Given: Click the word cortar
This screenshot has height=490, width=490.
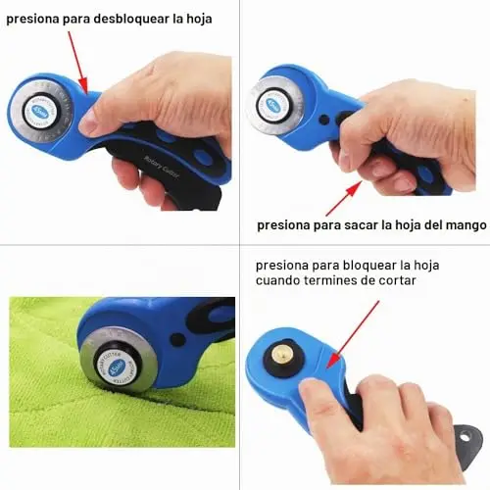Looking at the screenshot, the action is click(x=397, y=280).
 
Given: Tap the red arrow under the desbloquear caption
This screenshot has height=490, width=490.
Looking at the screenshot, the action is click(x=78, y=63).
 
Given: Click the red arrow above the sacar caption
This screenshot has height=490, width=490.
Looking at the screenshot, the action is click(x=344, y=198).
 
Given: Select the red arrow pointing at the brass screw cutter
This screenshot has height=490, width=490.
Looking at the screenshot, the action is click(x=353, y=334).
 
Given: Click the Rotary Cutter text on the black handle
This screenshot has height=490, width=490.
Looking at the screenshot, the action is click(x=162, y=167).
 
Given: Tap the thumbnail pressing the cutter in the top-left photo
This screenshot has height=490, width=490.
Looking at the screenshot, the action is click(x=86, y=124).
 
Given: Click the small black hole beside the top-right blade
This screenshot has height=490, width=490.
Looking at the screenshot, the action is click(x=324, y=120).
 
